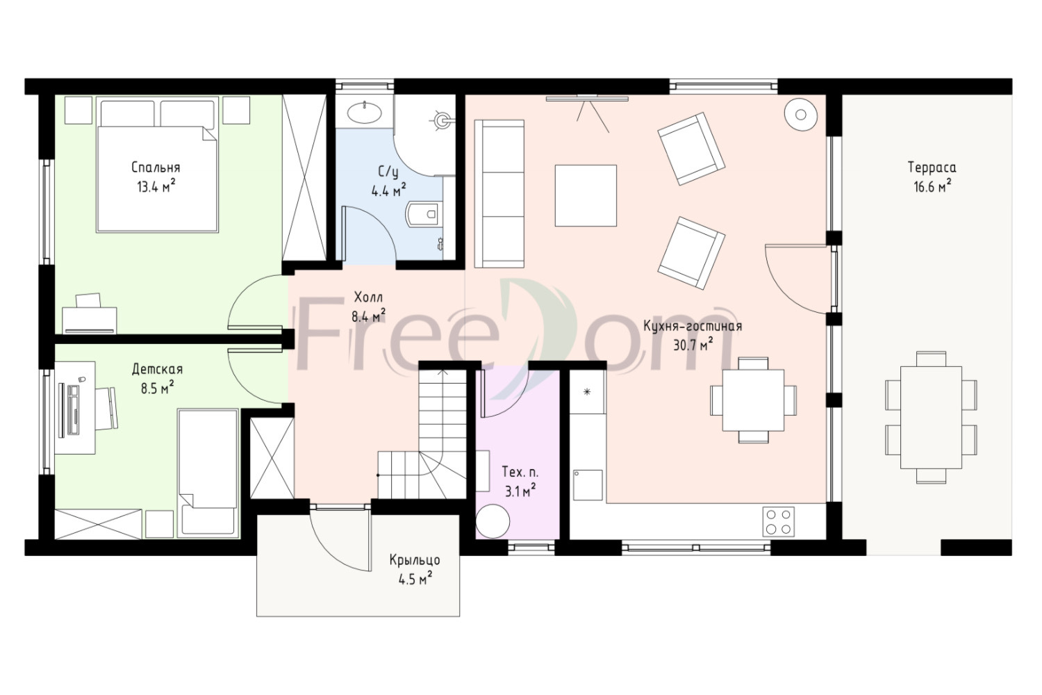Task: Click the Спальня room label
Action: coord(156,167)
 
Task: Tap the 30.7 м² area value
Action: coord(693,345)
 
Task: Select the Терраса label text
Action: coord(932,167)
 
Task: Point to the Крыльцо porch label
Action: coord(415,560)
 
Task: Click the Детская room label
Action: coord(157,369)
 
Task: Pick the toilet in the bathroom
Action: coord(423,214)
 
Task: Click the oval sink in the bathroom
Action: coord(364,112)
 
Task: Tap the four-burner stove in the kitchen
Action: coord(778,522)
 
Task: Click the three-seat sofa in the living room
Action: coord(499,194)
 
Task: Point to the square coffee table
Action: coord(586,195)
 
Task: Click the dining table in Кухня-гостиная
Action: coord(753,400)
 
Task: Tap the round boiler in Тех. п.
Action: coord(493,521)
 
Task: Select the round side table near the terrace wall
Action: coord(800,114)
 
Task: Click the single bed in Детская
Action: coord(208,473)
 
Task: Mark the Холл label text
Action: coord(368,297)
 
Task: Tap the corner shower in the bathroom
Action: coord(424,135)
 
